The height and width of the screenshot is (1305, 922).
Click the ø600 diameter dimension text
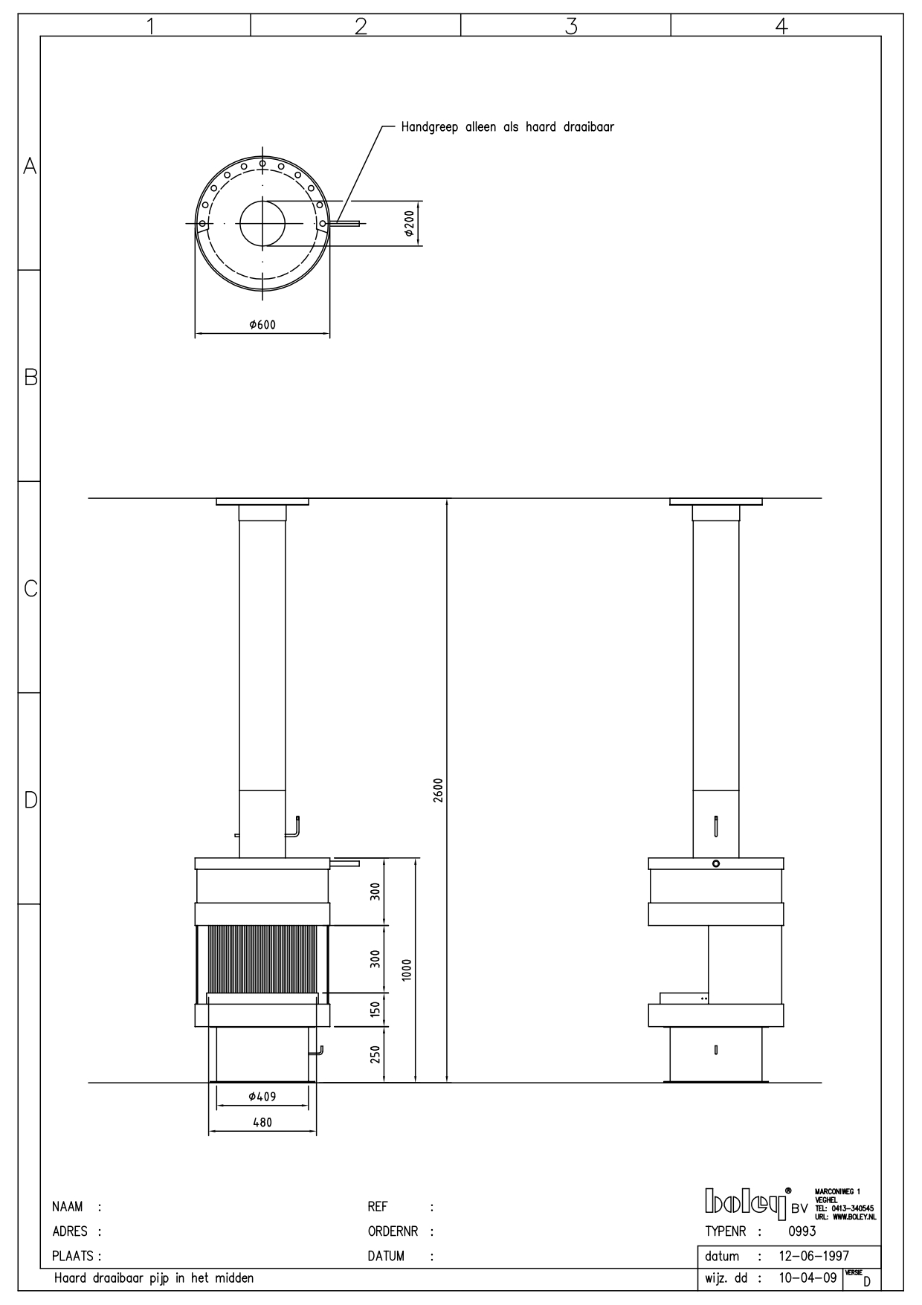point(262,325)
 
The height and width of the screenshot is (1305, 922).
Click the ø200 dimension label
point(410,222)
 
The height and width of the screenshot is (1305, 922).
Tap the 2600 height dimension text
point(439,790)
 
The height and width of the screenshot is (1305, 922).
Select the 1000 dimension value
point(406,970)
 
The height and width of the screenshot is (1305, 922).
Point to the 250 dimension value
point(375,1054)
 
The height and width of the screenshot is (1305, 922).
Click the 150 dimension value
point(375,1009)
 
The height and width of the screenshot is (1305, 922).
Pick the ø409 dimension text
point(262,1096)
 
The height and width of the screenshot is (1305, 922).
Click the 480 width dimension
point(262,1123)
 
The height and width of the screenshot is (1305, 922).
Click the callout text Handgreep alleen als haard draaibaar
point(507,127)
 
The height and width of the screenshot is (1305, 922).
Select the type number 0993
point(802,1231)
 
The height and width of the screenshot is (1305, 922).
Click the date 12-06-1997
point(813,1257)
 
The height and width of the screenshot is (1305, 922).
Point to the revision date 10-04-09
point(807,1279)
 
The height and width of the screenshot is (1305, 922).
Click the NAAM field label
point(67,1207)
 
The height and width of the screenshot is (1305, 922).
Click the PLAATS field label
point(74,1257)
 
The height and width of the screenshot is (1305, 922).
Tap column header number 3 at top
point(570,26)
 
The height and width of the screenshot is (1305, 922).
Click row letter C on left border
point(30,589)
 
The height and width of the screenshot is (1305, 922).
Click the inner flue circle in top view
point(262,223)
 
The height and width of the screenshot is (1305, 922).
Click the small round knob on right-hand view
point(715,864)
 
